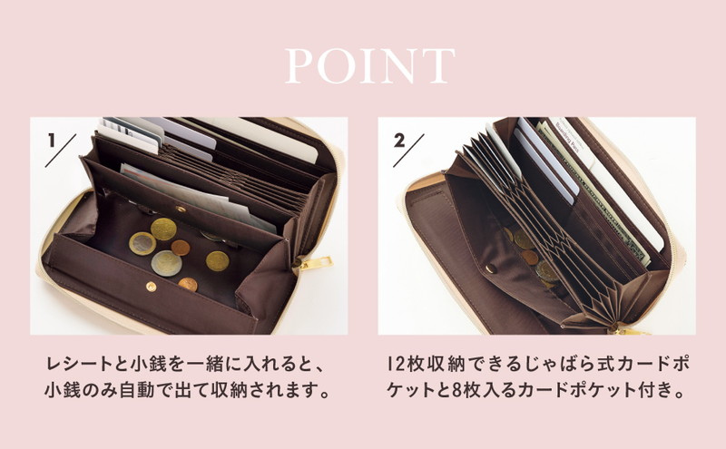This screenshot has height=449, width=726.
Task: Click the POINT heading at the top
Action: tap(369, 65)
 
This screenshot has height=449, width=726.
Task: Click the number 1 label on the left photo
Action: tap(52, 141)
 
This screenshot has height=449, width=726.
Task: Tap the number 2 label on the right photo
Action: tap(399, 141)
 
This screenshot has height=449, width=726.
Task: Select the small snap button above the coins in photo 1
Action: tap(181, 210)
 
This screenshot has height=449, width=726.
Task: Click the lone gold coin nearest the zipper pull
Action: tap(217, 261)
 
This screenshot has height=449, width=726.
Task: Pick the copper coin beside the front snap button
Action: tap(188, 284)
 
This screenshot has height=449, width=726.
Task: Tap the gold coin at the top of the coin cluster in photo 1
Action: tap(163, 229)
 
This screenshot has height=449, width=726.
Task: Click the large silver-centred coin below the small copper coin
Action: tap(166, 263)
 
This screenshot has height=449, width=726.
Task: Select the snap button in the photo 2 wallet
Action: tap(491, 268)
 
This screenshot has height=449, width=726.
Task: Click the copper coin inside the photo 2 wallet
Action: tap(530, 258)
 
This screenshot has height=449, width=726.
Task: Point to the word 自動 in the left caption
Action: tap(137, 390)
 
